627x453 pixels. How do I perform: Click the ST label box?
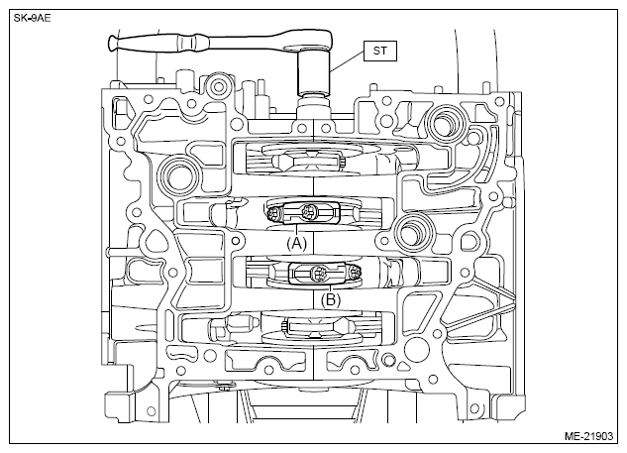point(380,51)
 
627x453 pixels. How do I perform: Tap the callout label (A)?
point(296,243)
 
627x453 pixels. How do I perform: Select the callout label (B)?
point(331,299)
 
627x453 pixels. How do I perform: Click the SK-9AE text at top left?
point(33,18)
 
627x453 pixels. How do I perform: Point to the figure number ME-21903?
point(588,436)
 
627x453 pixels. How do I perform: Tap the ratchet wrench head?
point(312,42)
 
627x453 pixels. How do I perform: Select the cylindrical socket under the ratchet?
point(313,74)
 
